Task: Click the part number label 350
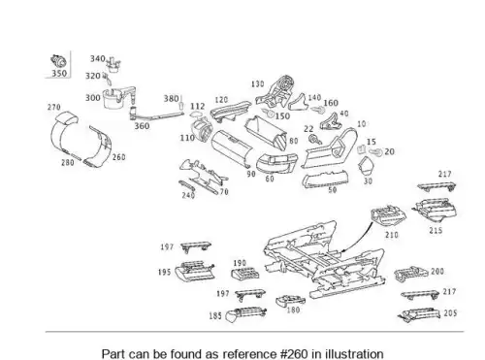(x=59, y=73)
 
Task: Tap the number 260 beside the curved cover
(x=118, y=157)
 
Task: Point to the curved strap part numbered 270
(x=63, y=133)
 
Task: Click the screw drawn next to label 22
(x=314, y=140)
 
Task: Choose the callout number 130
(x=258, y=84)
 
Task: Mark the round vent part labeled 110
(x=203, y=130)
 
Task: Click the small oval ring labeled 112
(x=196, y=114)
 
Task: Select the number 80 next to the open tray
(x=294, y=141)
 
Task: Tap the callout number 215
(x=436, y=231)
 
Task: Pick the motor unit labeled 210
(x=388, y=215)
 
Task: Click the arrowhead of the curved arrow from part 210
(x=342, y=251)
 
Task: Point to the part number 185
(x=215, y=315)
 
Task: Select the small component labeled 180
(x=290, y=301)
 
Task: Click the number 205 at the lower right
(x=450, y=313)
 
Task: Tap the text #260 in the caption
(x=295, y=353)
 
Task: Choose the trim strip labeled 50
(x=326, y=180)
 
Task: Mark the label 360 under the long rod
(x=142, y=126)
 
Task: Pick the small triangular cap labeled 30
(x=365, y=166)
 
